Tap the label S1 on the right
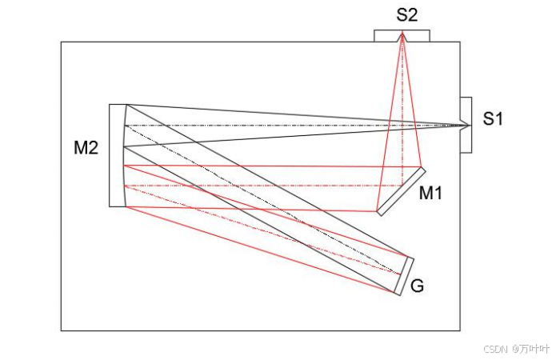(x=493, y=119)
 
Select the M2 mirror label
(x=86, y=148)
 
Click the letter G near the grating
(x=417, y=286)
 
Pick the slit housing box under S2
(x=402, y=36)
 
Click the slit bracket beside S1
(x=466, y=124)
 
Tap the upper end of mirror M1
(x=423, y=169)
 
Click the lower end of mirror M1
(x=378, y=214)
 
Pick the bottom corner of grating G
(x=398, y=293)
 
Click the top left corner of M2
(x=110, y=104)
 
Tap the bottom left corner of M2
(x=110, y=206)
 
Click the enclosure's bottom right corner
(x=460, y=330)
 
